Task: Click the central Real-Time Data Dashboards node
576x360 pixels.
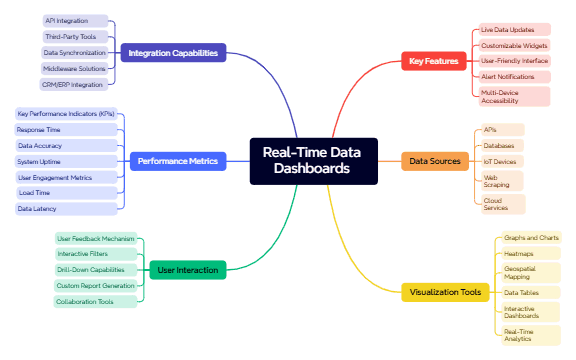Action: click(x=313, y=161)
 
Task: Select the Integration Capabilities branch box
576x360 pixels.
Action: click(x=173, y=53)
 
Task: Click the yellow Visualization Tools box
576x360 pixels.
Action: click(x=446, y=293)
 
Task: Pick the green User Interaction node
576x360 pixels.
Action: click(x=186, y=269)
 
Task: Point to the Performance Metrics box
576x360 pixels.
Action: click(x=179, y=161)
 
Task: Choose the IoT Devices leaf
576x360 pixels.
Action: click(x=499, y=161)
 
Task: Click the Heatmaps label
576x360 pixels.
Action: click(x=517, y=254)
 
